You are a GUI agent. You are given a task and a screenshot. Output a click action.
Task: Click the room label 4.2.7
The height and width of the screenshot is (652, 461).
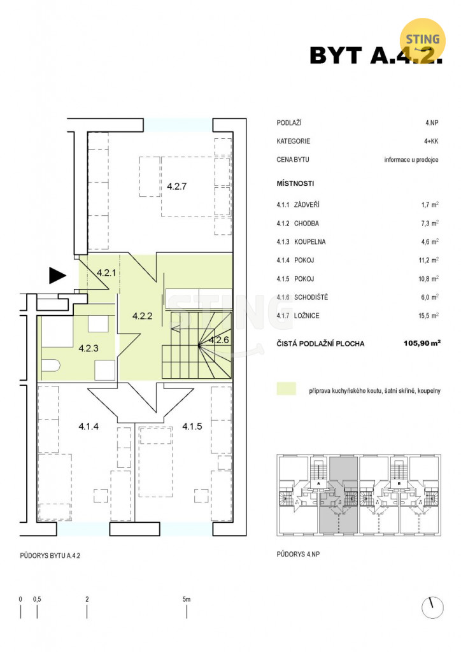click(x=176, y=187)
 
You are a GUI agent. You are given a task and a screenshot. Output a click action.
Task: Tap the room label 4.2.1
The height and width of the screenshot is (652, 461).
click(x=106, y=273)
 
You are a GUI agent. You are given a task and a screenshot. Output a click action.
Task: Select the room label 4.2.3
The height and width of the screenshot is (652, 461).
click(x=89, y=348)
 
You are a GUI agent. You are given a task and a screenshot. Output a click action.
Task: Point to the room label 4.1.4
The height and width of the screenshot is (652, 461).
click(x=89, y=426)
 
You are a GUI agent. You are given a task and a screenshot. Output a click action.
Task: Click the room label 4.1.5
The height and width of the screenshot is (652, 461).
click(x=192, y=426)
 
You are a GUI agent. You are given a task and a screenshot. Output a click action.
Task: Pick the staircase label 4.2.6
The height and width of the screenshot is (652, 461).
click(x=219, y=340)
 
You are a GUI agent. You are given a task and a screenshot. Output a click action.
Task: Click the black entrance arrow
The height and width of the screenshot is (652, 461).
click(x=57, y=275)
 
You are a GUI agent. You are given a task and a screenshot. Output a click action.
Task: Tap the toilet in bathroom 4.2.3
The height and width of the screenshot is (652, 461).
click(x=51, y=365)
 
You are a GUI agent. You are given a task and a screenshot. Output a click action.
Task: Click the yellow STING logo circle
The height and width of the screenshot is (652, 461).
click(x=422, y=40)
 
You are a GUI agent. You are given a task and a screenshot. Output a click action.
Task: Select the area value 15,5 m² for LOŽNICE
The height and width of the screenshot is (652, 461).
click(x=429, y=316)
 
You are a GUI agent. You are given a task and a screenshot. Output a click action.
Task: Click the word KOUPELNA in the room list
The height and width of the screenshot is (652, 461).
click(x=309, y=241)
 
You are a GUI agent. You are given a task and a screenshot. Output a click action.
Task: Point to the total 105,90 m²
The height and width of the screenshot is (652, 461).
click(x=422, y=343)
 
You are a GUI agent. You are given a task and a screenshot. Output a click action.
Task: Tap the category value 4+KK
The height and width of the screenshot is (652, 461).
click(x=431, y=141)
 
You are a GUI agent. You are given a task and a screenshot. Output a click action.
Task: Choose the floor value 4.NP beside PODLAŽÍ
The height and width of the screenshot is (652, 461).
click(x=432, y=123)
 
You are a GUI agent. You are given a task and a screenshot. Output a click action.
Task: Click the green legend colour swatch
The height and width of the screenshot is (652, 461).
click(x=287, y=388)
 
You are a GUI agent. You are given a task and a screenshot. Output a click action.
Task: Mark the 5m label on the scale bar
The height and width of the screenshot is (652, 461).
click(x=187, y=599)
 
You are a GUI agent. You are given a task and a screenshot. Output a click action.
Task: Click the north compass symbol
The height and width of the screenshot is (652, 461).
click(x=432, y=608)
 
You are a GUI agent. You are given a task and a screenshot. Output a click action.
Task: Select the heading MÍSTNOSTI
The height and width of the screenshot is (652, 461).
click(x=295, y=183)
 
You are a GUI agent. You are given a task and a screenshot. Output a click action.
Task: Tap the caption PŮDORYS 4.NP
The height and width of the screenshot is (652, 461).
click(x=298, y=554)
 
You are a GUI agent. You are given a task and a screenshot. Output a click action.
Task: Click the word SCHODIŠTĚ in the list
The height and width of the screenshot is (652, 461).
click(x=311, y=297)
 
